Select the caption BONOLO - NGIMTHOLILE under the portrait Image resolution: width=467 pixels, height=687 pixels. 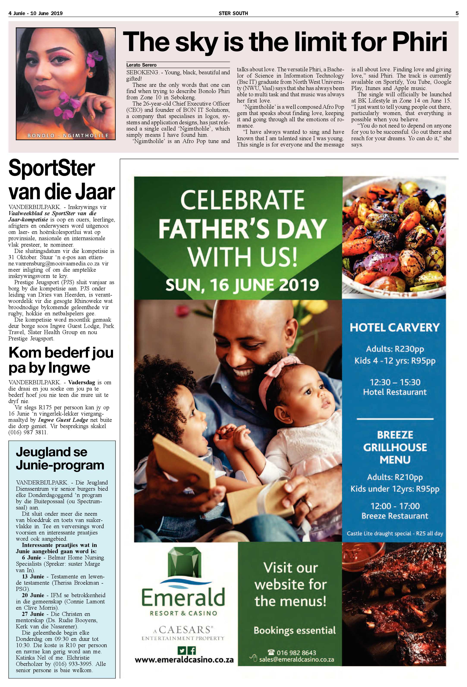click(68, 136)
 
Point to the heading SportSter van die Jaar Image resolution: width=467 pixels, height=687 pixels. click(61, 180)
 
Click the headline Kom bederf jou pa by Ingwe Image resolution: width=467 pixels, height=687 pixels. click(61, 360)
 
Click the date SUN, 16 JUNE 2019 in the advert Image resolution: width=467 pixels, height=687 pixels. click(242, 285)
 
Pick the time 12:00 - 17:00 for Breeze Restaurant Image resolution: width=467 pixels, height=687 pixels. click(395, 506)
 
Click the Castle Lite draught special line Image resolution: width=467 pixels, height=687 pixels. click(395, 534)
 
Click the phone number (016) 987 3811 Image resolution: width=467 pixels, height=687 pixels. click(28, 433)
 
